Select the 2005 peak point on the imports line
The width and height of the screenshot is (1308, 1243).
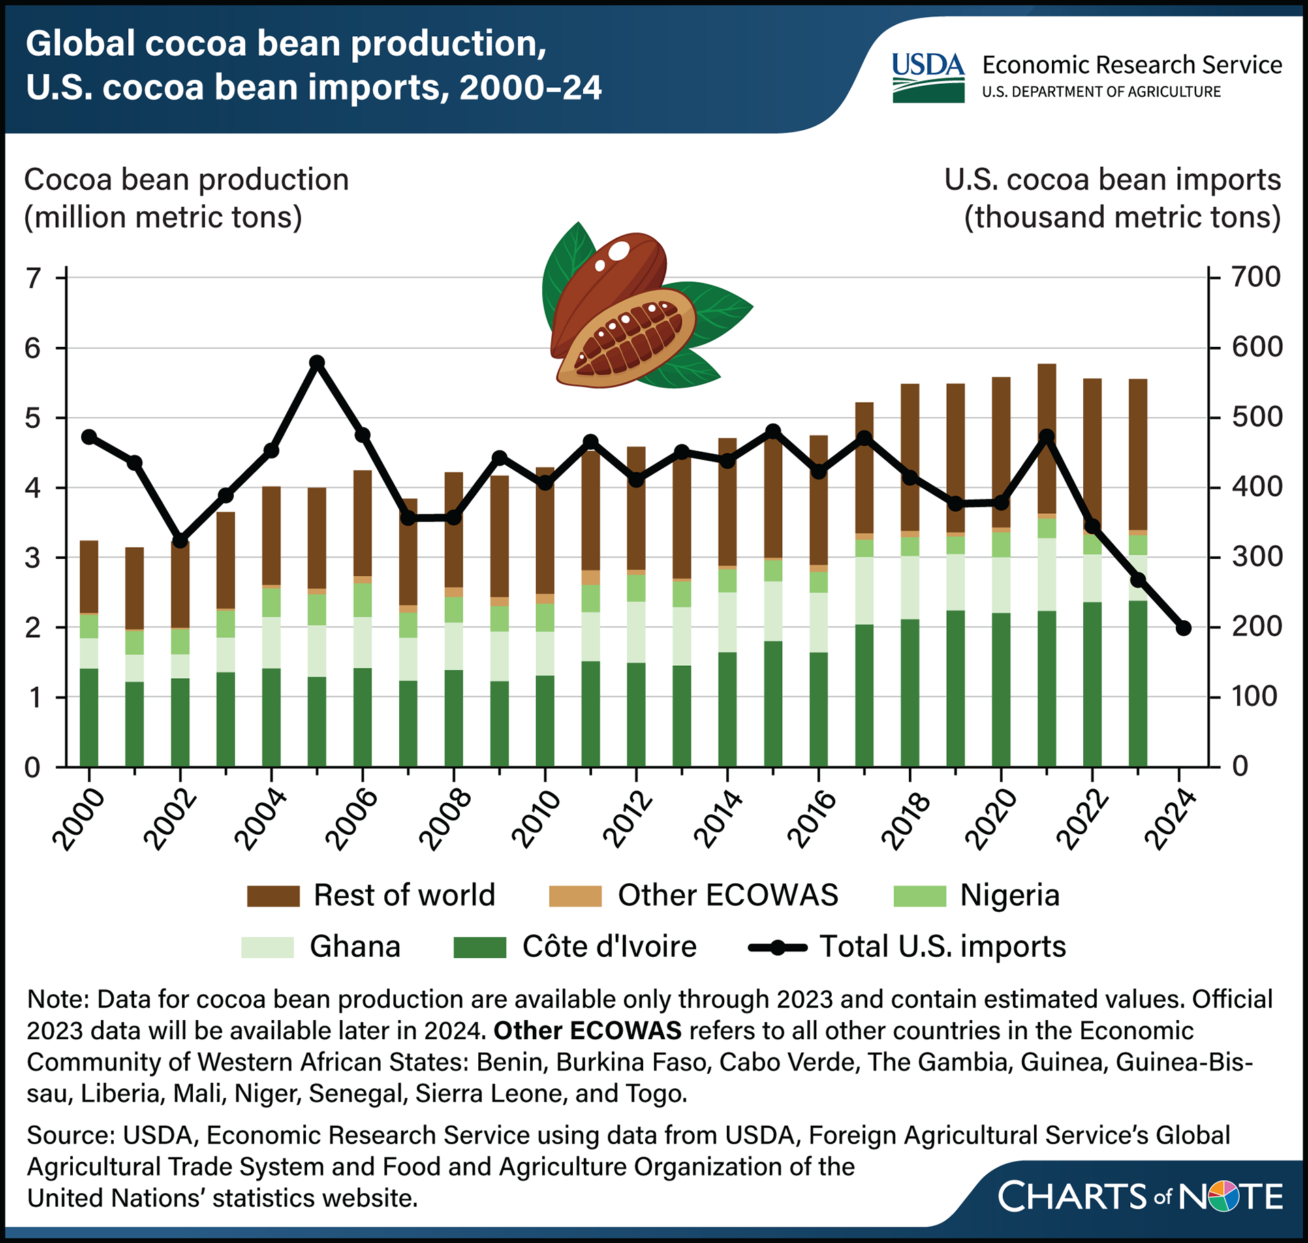(317, 363)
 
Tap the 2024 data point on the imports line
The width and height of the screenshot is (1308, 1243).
(1183, 628)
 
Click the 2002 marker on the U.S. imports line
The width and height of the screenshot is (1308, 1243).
(180, 541)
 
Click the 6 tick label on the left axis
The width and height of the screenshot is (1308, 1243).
(33, 349)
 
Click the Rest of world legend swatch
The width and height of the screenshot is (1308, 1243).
(273, 896)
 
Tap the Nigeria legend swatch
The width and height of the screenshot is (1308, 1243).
(920, 896)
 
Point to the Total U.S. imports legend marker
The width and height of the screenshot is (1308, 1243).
(777, 947)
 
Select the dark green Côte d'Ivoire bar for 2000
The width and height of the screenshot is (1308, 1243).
(89, 718)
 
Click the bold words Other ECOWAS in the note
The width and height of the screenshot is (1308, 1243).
(587, 1030)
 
